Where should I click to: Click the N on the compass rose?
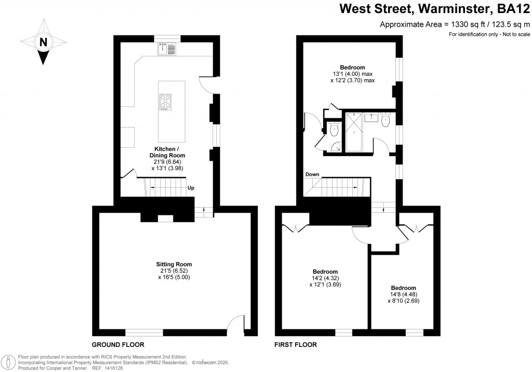tap(44, 42)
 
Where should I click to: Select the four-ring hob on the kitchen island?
tap(166, 101)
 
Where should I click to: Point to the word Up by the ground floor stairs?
tap(191, 188)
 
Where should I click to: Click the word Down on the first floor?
tap(312, 174)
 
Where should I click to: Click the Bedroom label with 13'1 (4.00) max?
tap(352, 67)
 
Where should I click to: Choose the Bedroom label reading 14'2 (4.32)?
tap(325, 272)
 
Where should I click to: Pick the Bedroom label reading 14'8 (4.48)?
tap(403, 288)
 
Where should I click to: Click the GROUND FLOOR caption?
tap(118, 345)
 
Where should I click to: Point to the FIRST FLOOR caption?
tap(295, 345)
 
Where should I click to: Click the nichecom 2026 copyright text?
tap(210, 363)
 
